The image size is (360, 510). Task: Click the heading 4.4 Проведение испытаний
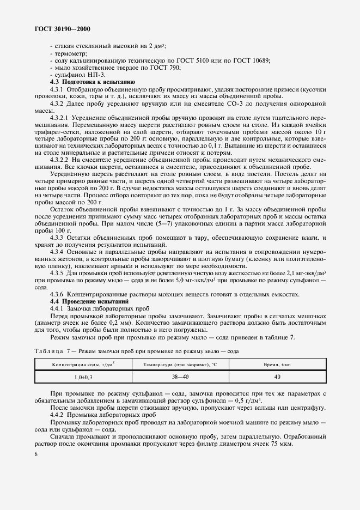point(86,301)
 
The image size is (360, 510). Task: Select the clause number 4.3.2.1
point(58,117)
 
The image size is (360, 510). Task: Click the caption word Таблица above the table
point(48,351)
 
